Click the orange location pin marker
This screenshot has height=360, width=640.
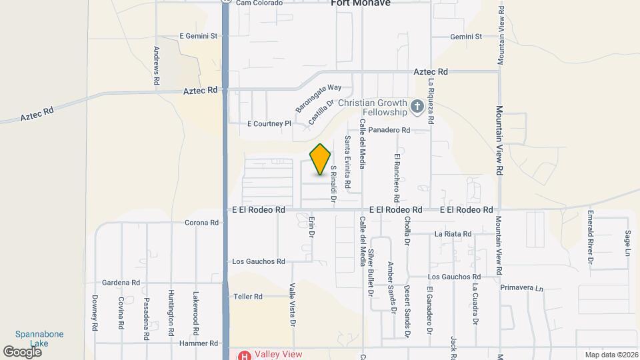click(x=320, y=159)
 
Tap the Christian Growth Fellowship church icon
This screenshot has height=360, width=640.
click(x=417, y=107)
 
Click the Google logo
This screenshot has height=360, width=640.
click(x=22, y=351)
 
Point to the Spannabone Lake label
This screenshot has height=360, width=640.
click(x=39, y=339)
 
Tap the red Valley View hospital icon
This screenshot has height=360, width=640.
click(x=245, y=355)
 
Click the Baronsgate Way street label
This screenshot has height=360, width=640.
click(x=319, y=97)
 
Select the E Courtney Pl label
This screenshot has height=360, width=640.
click(x=269, y=123)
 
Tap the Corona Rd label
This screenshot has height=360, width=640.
click(x=201, y=223)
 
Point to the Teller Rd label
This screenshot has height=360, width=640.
click(x=248, y=296)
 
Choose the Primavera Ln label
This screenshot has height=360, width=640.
click(x=522, y=288)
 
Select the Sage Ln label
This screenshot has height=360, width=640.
click(x=627, y=243)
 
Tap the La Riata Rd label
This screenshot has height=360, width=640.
click(x=453, y=234)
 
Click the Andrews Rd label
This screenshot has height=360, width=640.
click(x=156, y=65)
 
